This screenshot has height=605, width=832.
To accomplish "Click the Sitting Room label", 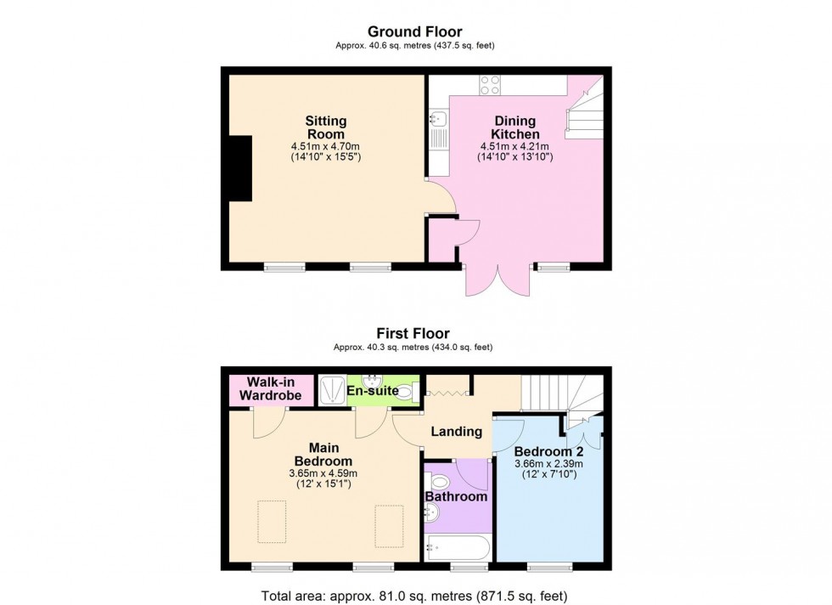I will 326,128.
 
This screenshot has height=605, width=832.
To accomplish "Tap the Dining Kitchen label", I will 514,128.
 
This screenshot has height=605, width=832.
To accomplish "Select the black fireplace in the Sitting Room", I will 239,168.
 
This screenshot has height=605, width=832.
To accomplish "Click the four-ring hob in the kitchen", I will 490,84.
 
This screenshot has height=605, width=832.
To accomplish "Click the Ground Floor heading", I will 414,31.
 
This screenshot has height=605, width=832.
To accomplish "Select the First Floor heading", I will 414,334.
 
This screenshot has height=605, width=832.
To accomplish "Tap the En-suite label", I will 372,391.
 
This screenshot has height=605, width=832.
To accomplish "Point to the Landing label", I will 457,432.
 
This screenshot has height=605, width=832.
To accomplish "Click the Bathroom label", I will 457,496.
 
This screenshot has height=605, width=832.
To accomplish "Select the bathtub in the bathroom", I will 457,547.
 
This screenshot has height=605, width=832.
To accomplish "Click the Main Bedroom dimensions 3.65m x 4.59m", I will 325,473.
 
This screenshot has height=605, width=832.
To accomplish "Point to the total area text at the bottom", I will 416,595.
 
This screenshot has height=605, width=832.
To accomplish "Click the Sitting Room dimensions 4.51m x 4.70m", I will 326,145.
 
